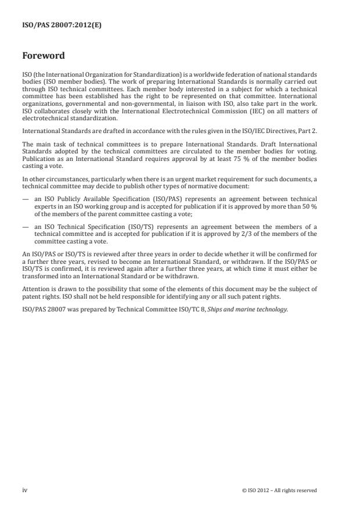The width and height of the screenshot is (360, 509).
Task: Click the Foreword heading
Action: click(x=43, y=56)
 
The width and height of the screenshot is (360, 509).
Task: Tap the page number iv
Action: click(x=25, y=490)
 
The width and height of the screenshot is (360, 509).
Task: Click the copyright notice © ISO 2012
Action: click(x=279, y=490)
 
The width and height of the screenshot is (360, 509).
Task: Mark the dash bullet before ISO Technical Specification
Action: click(x=25, y=227)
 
